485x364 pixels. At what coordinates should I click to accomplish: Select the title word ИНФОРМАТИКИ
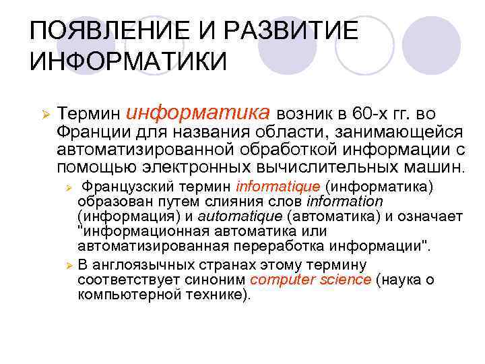(129, 63)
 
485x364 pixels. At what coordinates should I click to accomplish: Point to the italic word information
(345, 201)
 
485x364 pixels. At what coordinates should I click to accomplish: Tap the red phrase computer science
(310, 280)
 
